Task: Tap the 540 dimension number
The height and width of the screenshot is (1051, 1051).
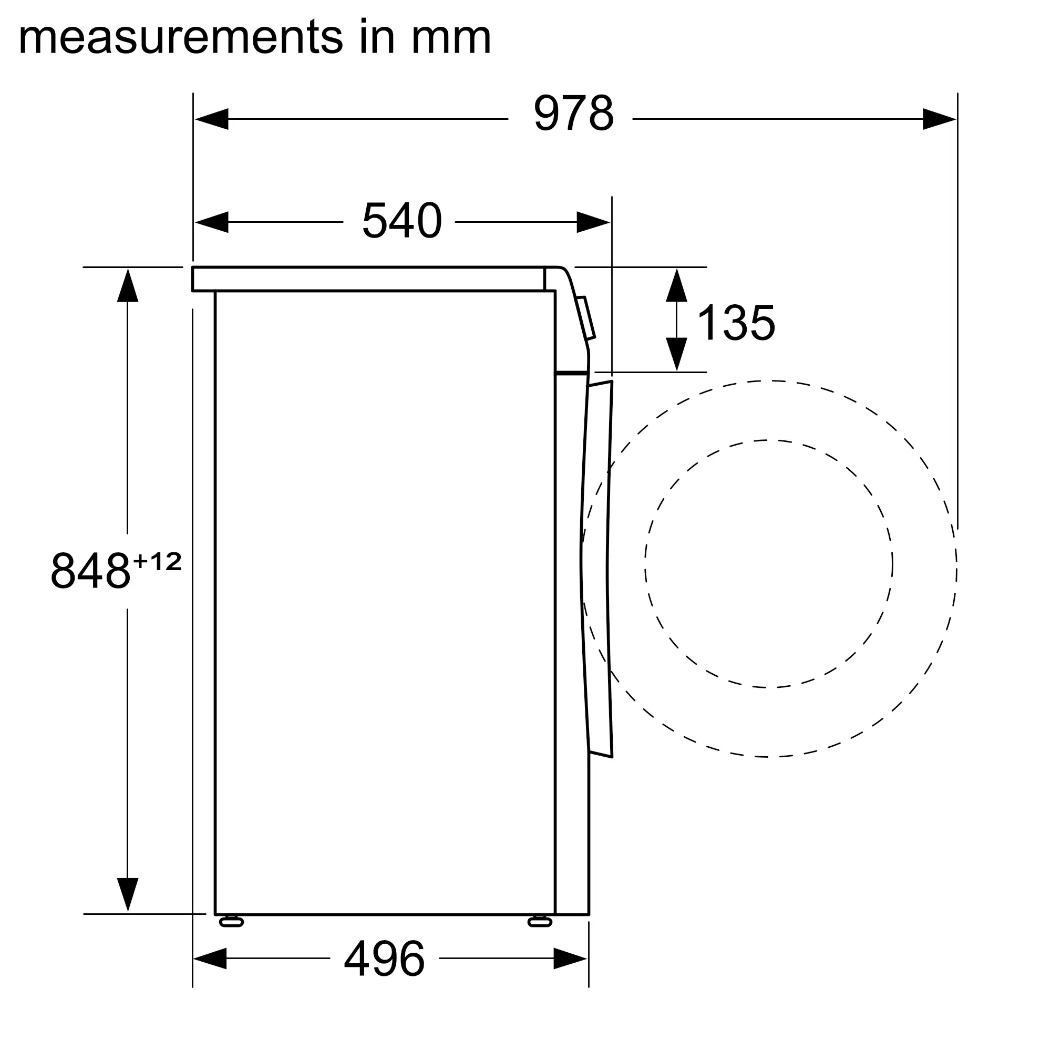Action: pos(402,220)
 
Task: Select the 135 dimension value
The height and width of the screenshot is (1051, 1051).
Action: pos(736,322)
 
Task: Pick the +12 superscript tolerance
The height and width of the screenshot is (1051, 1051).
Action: pos(157,561)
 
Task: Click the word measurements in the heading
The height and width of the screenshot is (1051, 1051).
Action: pos(181,37)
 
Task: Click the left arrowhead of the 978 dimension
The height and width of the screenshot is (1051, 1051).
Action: pos(212,119)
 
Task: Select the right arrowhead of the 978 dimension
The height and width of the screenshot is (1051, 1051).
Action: pos(940,119)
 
